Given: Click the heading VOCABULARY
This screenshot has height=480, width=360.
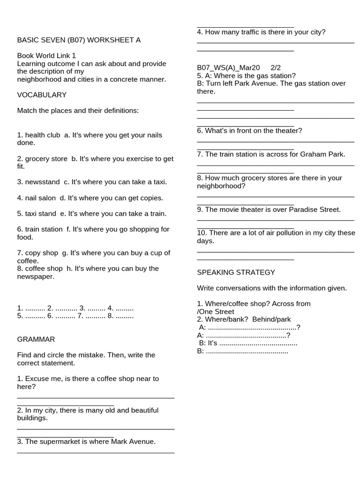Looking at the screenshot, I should (x=42, y=95).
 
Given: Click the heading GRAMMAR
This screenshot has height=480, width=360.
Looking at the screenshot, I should (x=36, y=339).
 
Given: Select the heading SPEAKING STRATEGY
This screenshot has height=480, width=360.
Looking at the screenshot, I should (x=236, y=272).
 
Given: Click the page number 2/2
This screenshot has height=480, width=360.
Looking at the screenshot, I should (x=276, y=68).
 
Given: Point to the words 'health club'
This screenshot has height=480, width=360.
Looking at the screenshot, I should (x=43, y=135).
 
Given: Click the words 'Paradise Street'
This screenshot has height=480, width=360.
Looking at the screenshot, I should (x=315, y=210).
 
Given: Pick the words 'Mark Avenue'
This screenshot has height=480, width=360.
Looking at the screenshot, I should (x=133, y=442).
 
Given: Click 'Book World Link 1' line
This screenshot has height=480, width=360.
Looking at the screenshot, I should (x=46, y=56).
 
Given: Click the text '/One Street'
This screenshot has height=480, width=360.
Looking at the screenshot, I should (x=216, y=312).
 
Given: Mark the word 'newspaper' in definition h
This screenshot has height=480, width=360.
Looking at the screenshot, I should (x=36, y=277).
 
